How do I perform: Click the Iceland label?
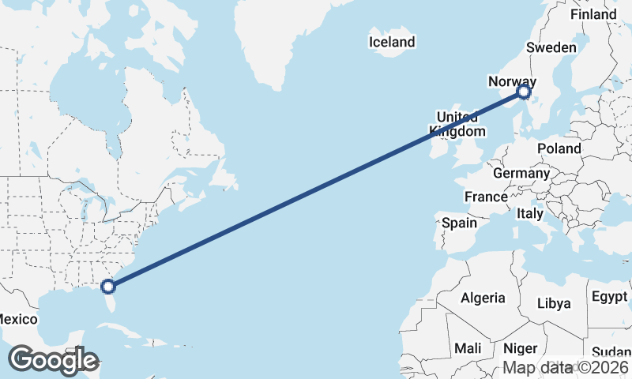392,42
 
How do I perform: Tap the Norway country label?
512,81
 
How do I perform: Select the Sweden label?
551,47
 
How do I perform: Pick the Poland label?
559,148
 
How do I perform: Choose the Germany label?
521,173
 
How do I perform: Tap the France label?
485,197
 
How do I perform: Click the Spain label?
459,223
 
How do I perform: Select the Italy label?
530,213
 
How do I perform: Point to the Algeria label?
483,298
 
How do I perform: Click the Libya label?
553,303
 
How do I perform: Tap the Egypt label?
608,298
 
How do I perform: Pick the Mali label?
468,348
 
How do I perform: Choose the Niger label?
520,348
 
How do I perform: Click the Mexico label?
17,319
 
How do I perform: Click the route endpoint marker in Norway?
523,93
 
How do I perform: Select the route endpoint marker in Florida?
109,287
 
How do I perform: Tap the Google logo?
53,360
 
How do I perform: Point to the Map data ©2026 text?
566,367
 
